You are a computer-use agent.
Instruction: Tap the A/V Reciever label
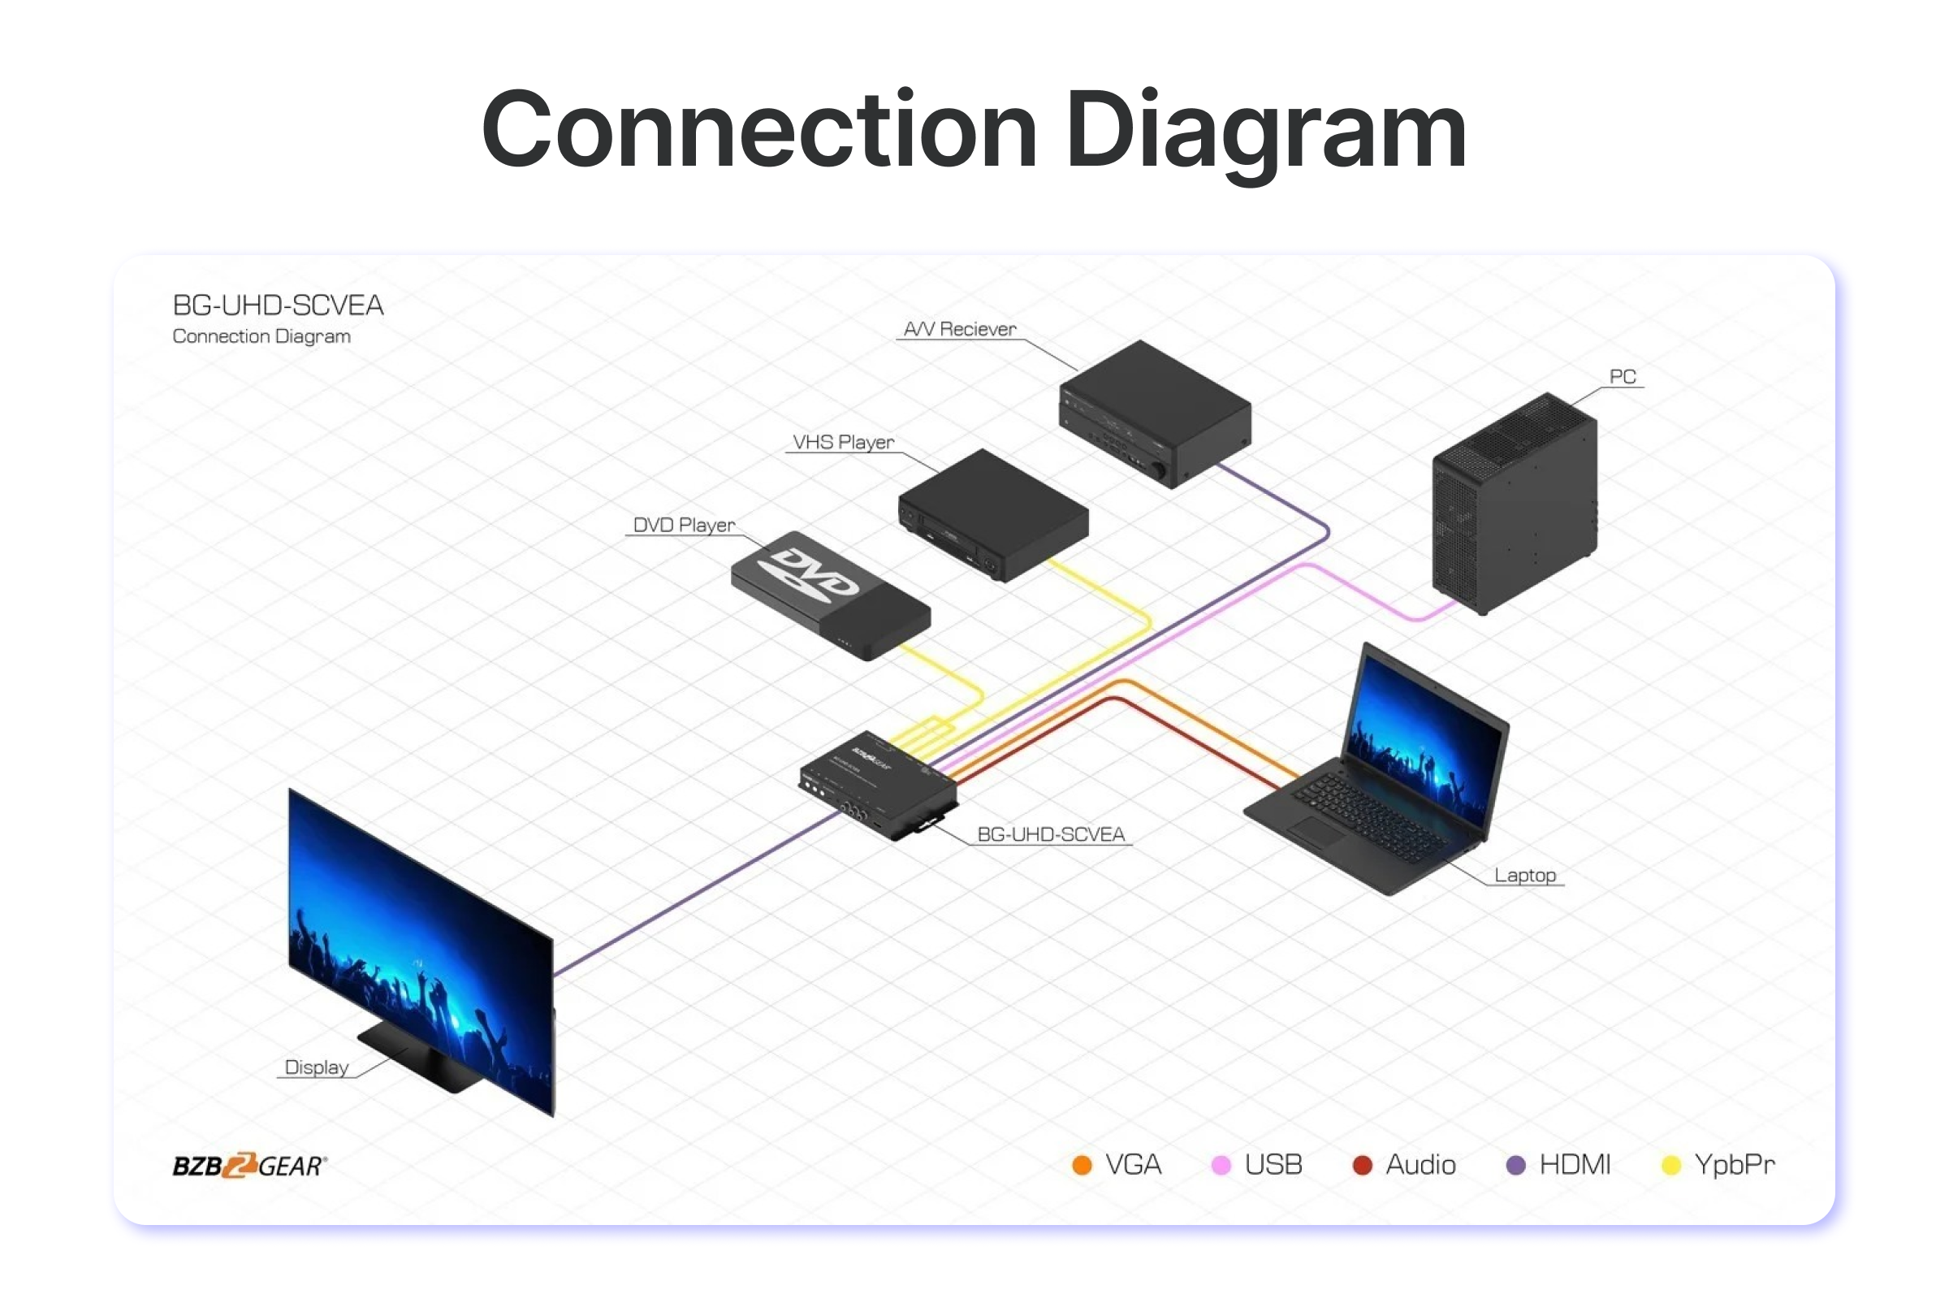pos(959,329)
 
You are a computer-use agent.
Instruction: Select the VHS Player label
pos(843,443)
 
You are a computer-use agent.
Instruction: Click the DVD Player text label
pos(684,525)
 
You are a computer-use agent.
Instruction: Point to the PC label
pos(1622,377)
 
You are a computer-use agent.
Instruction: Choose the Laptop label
pos(1524,876)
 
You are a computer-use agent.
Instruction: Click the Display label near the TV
pos(317,1068)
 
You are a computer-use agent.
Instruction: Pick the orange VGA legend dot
pos(1083,1166)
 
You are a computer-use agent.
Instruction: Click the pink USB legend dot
pos(1221,1166)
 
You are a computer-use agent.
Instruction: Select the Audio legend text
pos(1420,1165)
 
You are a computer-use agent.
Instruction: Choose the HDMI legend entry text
pos(1574,1165)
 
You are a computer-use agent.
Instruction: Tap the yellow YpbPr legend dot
pos(1671,1166)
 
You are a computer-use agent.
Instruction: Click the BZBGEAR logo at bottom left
pos(249,1166)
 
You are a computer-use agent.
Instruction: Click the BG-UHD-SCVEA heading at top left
pos(278,306)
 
